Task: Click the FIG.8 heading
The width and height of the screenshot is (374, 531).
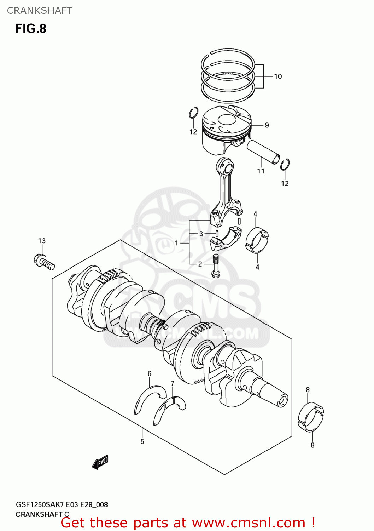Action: (x=30, y=29)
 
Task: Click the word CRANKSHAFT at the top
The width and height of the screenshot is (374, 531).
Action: (x=40, y=11)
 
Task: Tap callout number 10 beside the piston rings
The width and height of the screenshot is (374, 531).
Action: (x=278, y=76)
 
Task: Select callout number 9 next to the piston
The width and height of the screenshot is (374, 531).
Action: (x=267, y=125)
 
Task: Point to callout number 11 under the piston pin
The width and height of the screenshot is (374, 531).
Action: (x=261, y=171)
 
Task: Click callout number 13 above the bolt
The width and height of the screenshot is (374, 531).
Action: (x=42, y=241)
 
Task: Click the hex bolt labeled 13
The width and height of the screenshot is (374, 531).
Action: (x=44, y=262)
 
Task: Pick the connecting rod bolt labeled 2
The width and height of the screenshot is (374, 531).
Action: (x=216, y=265)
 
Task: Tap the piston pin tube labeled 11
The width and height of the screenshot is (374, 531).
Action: (x=263, y=152)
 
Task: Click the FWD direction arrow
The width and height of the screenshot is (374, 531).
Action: (x=100, y=462)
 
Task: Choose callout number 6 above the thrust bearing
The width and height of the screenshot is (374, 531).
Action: (x=150, y=374)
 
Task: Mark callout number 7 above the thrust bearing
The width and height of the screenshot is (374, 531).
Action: (x=172, y=384)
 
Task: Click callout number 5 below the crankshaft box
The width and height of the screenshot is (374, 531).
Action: (x=142, y=441)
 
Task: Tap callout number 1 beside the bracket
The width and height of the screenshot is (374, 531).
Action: (x=177, y=243)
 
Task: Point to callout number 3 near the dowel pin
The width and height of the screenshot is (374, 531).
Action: (x=201, y=234)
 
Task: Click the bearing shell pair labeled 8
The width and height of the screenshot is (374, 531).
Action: (x=310, y=417)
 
